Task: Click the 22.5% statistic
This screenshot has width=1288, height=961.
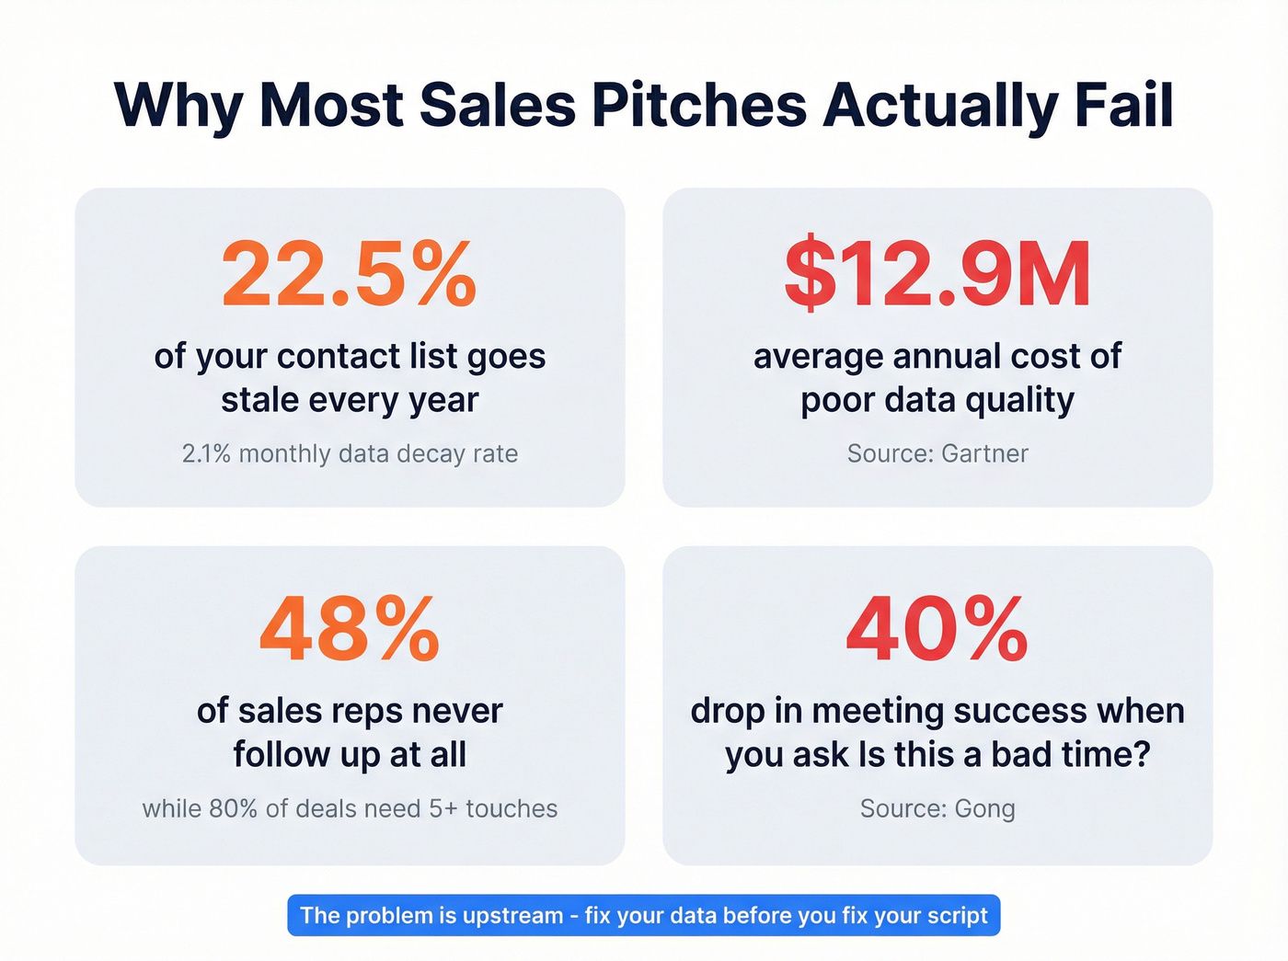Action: pyautogui.click(x=349, y=275)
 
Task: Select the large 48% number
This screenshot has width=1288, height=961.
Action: pyautogui.click(x=349, y=630)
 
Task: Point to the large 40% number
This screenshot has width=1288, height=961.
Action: pyautogui.click(x=937, y=630)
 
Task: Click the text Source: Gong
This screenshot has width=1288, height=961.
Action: pyautogui.click(x=937, y=808)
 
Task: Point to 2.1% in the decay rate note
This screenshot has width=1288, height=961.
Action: pyautogui.click(x=206, y=453)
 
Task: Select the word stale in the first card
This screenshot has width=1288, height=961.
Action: pyautogui.click(x=259, y=400)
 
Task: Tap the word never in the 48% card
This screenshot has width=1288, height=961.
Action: pyautogui.click(x=456, y=711)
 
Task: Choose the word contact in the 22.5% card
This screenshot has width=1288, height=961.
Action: pyautogui.click(x=338, y=356)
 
